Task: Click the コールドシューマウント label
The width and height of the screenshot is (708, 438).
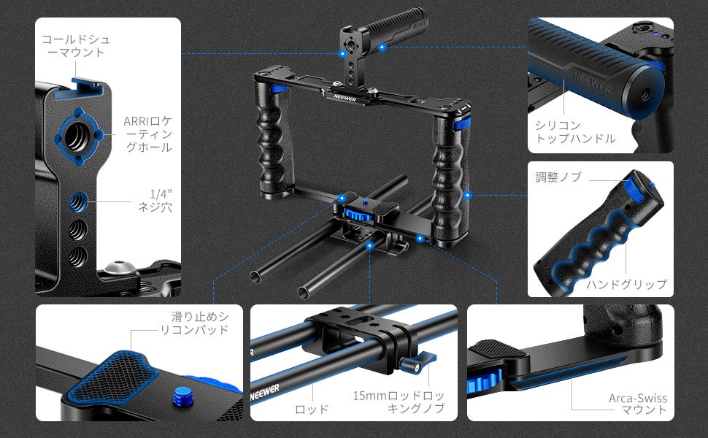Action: coord(76,46)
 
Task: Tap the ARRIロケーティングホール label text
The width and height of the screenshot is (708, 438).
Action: coord(147,134)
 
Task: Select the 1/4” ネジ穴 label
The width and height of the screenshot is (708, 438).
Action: coord(155,201)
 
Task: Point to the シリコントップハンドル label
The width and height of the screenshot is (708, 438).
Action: coord(575,131)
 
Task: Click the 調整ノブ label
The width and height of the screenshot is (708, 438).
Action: coord(558,177)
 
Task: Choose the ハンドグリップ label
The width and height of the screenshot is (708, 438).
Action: coord(626,284)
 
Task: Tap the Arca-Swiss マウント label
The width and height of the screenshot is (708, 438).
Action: coord(637,404)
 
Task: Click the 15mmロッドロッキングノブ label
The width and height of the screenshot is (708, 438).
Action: coord(399,402)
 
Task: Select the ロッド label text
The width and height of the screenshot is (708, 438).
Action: coord(311,410)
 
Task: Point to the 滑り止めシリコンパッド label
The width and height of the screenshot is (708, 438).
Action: coord(195,323)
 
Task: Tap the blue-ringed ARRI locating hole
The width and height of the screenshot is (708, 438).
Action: coord(79,137)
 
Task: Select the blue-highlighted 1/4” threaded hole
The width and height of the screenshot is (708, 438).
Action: coord(78,202)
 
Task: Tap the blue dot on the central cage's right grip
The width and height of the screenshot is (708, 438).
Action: coord(467,196)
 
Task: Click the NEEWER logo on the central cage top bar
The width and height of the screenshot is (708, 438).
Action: coord(345,97)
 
